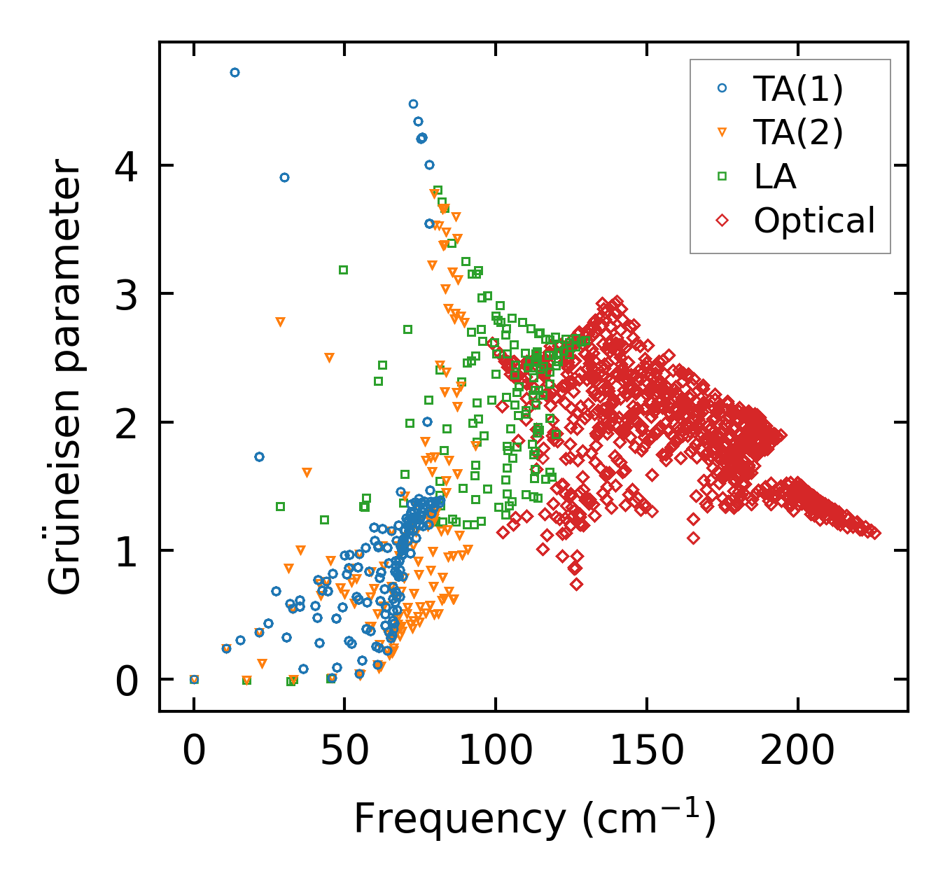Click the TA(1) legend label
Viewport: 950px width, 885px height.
(798, 88)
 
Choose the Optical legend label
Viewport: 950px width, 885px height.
(814, 221)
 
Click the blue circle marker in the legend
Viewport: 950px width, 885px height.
(722, 88)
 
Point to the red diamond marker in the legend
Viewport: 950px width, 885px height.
(722, 221)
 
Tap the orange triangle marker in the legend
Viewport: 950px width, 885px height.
(722, 132)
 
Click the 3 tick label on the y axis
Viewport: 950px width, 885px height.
(127, 294)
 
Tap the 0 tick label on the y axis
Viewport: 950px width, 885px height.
(127, 681)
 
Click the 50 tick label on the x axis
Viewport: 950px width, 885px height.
(344, 751)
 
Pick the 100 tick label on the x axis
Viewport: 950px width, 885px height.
(496, 751)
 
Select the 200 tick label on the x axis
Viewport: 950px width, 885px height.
(797, 751)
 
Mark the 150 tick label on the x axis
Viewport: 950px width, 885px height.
(646, 751)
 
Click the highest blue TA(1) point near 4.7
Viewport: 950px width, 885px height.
(235, 72)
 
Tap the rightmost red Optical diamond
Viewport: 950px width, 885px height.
(874, 533)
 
